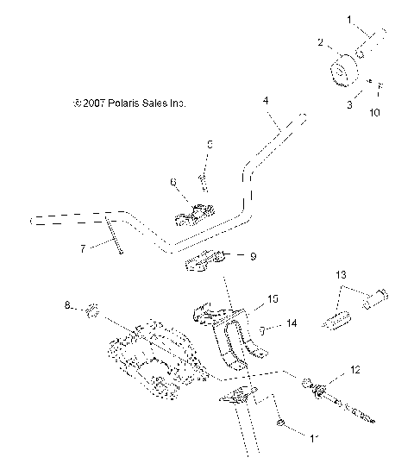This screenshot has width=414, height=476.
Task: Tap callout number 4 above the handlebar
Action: (266, 101)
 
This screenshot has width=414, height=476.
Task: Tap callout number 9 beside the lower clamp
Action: (253, 255)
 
